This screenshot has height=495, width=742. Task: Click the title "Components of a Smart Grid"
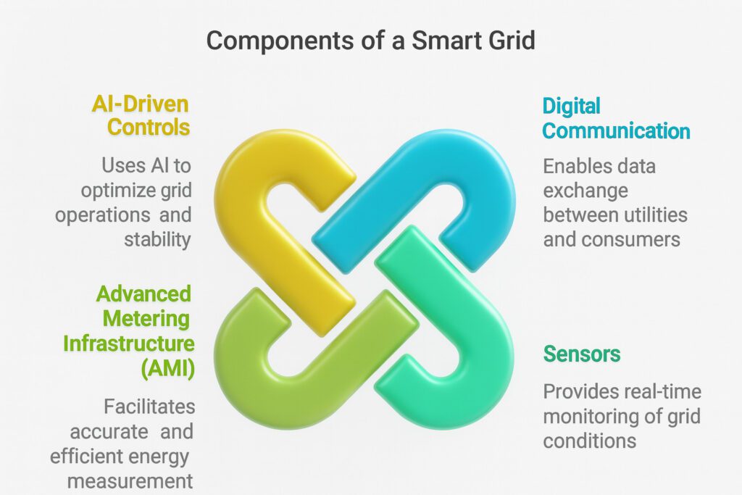point(370,40)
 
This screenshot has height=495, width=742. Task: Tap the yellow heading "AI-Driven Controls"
point(141,115)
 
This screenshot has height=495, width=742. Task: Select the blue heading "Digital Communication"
point(616,119)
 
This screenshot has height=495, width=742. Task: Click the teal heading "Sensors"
point(582,354)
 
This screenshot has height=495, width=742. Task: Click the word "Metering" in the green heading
point(146,318)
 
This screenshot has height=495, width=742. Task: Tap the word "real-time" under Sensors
point(664,392)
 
